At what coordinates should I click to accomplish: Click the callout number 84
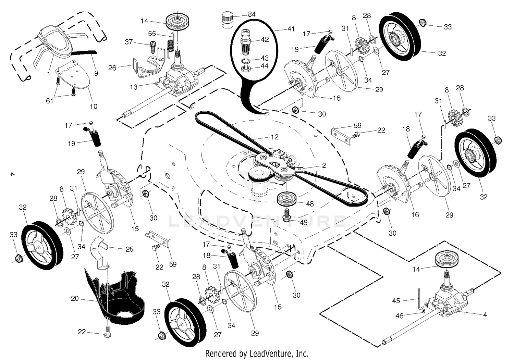pos(252,14)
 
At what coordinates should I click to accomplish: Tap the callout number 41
pos(291,29)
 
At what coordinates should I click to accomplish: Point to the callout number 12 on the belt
pos(274,137)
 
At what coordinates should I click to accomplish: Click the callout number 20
pos(75,298)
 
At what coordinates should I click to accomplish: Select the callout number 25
pos(129,249)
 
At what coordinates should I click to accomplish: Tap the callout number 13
pos(133,87)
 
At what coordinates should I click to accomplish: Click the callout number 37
pos(128,42)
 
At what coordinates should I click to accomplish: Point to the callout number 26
pos(112,68)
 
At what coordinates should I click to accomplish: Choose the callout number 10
pos(94,107)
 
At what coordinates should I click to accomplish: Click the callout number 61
pos(50,101)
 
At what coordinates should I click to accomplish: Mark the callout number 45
pos(396,301)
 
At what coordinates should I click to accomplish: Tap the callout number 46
pos(400,316)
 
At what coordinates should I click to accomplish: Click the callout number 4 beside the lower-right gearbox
pos(485,314)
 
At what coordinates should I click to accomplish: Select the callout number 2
pos(324,165)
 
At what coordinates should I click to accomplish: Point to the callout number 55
pos(152,34)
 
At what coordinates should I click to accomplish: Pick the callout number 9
pos(96,73)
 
